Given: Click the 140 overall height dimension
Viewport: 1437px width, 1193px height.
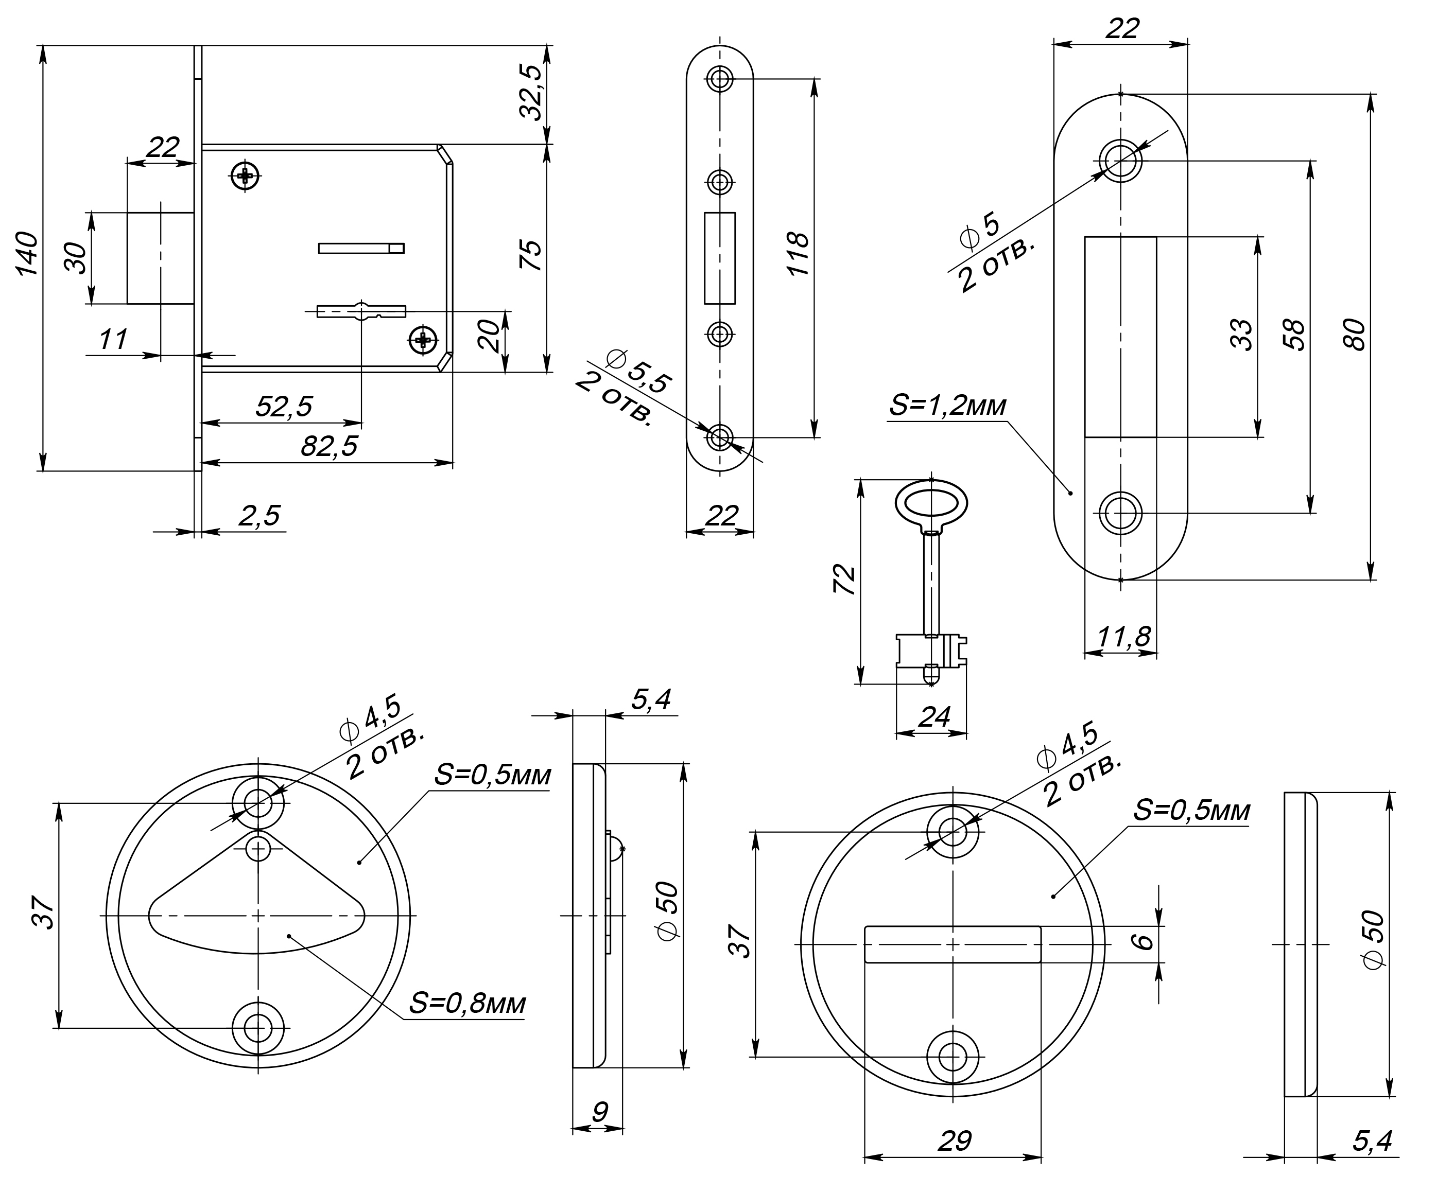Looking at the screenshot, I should [27, 254].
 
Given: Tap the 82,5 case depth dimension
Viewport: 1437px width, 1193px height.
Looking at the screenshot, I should [329, 447].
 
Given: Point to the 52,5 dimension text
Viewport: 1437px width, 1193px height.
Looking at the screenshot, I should [283, 407].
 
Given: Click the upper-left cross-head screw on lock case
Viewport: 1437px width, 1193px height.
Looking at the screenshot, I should [245, 177].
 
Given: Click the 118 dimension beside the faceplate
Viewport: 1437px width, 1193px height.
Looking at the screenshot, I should [798, 254].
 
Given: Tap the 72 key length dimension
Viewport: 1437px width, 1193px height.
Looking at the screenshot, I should [845, 580].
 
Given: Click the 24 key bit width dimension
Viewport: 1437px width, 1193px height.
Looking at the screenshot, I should [934, 717].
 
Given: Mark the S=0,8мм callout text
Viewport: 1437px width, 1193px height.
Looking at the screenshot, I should [468, 1004].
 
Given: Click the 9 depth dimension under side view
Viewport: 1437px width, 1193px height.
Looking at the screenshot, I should [599, 1112].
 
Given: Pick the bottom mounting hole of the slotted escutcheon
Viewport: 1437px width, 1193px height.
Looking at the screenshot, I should [953, 1057].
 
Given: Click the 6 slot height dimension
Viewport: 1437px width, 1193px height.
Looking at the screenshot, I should [1143, 942].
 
